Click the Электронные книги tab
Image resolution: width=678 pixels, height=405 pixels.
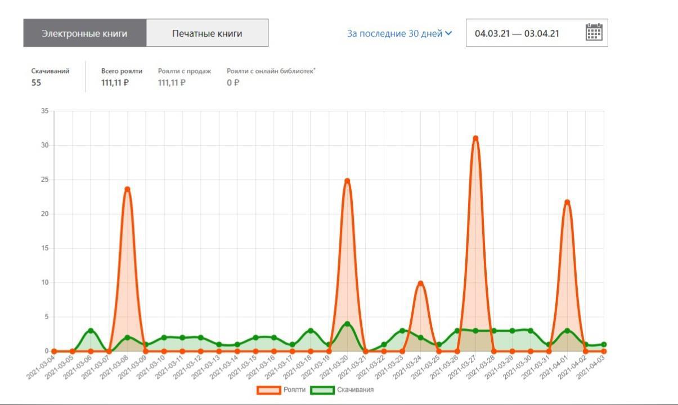point(84,33)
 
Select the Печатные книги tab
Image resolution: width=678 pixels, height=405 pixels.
point(207,33)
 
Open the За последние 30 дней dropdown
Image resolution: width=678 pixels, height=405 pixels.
point(399,33)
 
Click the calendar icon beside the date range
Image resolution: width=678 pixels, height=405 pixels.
point(594,33)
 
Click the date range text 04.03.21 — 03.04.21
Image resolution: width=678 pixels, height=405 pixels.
point(517,33)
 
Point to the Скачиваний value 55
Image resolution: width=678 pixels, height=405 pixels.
point(36,83)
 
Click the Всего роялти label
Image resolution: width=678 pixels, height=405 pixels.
point(122,71)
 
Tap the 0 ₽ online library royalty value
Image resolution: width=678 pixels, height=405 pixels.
point(233,83)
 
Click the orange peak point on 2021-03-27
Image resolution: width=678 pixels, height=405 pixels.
point(475,138)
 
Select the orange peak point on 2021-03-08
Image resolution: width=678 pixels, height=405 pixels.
point(127,189)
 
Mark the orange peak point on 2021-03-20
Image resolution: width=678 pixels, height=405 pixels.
point(347,181)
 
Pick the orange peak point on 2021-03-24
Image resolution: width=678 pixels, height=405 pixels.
point(420,283)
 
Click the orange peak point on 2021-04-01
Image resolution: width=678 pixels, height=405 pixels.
point(567,202)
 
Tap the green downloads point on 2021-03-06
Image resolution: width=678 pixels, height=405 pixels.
point(91,330)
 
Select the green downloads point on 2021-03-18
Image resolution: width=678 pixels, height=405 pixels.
point(311,330)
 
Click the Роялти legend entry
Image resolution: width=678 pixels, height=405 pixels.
point(282,390)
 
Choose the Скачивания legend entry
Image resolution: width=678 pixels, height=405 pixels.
point(343,390)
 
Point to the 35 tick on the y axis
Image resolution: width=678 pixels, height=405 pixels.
point(44,111)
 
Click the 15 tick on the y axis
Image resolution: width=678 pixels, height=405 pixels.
point(44,248)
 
